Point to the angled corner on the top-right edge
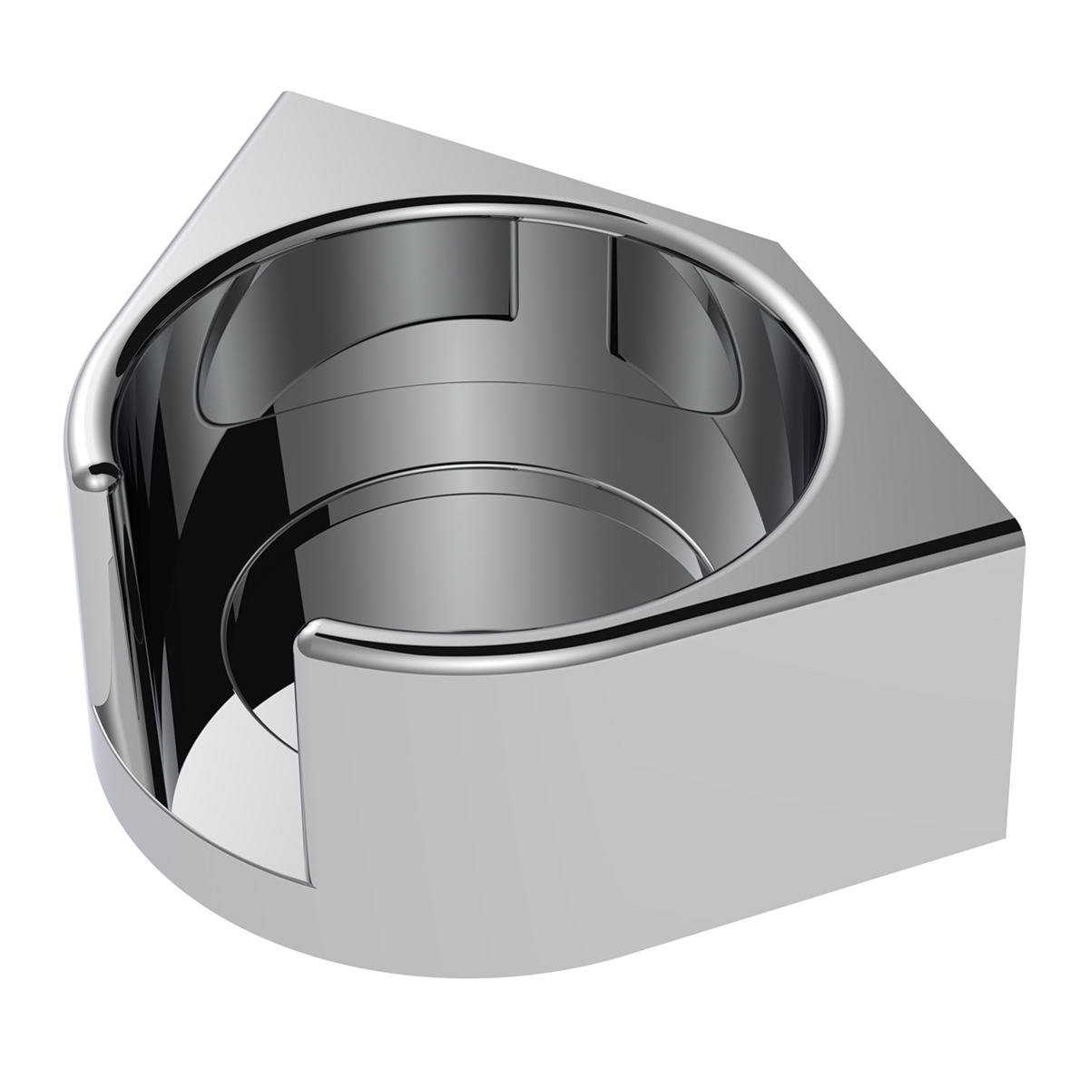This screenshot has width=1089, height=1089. pyautogui.click(x=779, y=242)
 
